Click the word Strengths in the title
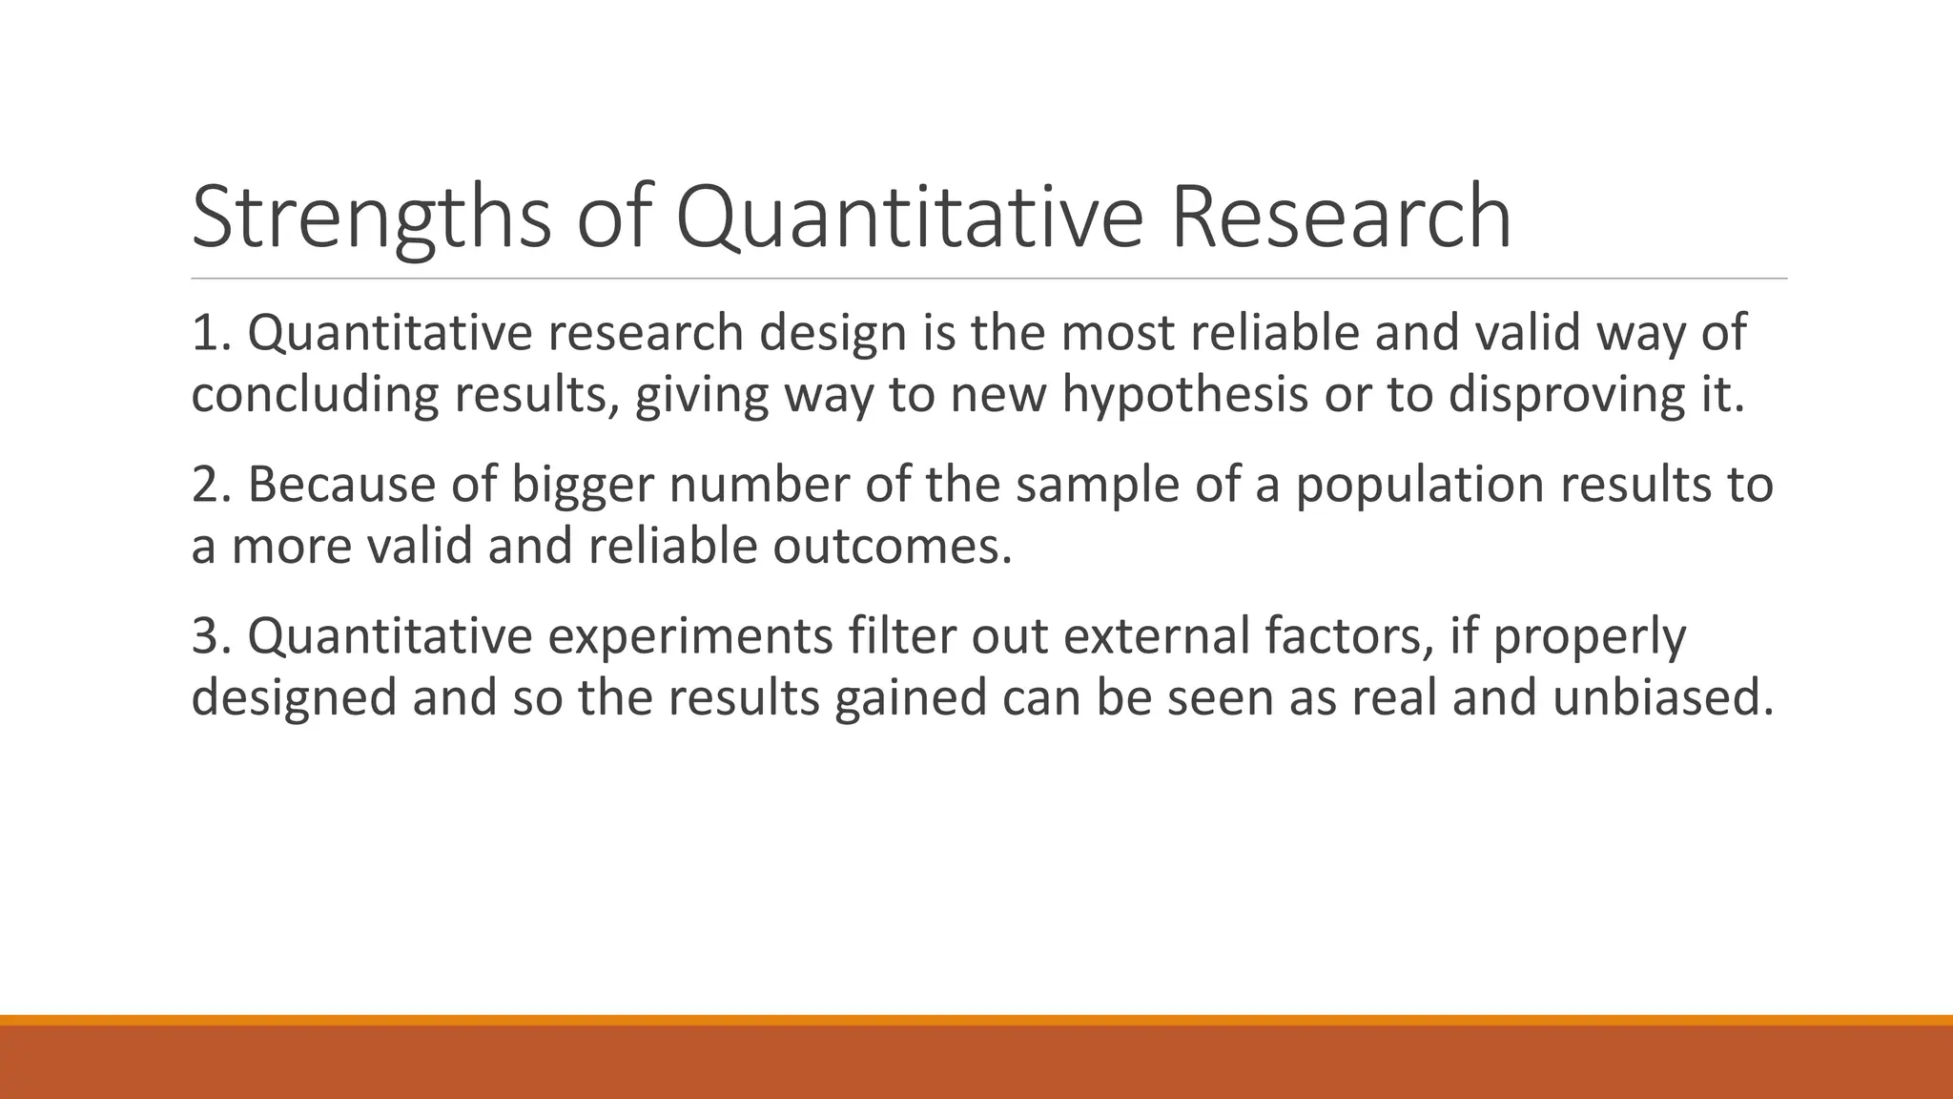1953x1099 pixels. pos(371,218)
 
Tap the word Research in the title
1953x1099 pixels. pos(1340,218)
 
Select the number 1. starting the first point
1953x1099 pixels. pos(210,333)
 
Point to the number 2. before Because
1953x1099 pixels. pos(210,485)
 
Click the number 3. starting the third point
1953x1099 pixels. pos(210,636)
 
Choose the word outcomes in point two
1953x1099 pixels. pos(891,547)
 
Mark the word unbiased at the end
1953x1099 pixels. pos(1662,697)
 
